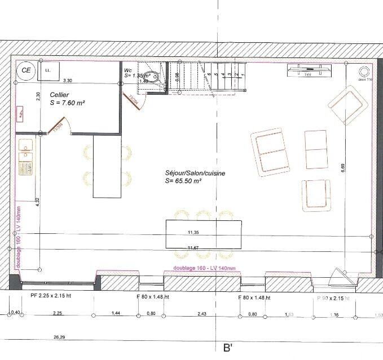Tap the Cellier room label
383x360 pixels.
tap(60, 95)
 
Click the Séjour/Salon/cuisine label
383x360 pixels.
tap(187, 174)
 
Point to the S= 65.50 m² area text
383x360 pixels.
tap(183, 181)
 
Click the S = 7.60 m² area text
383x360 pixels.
tap(67, 104)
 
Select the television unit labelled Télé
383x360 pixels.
tap(308, 71)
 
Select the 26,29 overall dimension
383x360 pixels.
tap(59, 337)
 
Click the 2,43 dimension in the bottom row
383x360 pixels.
tap(201, 313)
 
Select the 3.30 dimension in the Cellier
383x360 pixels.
tap(68, 81)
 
